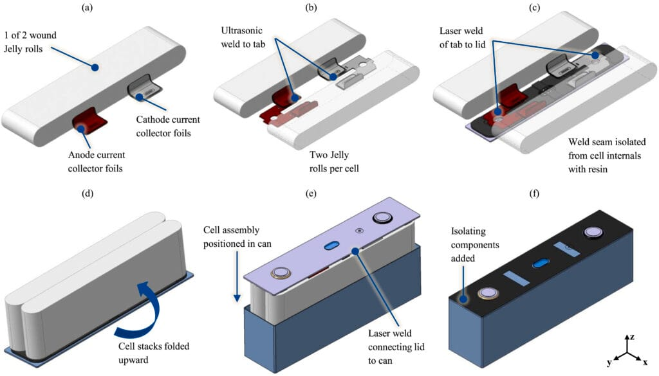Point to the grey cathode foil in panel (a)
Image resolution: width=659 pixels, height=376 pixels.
point(144,91)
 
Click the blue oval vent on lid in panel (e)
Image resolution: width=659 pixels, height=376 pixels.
point(333,247)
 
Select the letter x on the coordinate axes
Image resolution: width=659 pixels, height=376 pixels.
point(645,364)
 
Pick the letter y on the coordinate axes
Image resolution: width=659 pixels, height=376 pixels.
point(609,364)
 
